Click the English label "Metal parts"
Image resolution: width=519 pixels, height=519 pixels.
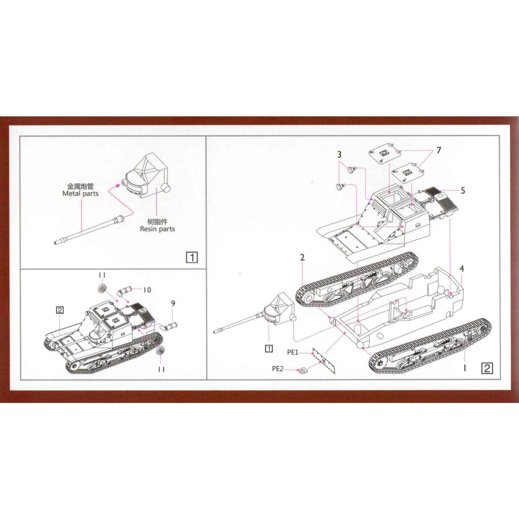(x=80, y=194)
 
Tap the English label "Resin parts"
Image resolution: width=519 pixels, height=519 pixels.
(x=157, y=229)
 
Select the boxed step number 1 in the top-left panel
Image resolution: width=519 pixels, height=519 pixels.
(x=192, y=258)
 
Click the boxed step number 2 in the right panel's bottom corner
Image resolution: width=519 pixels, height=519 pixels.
(x=487, y=368)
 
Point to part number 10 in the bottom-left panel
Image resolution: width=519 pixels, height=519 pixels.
(x=147, y=290)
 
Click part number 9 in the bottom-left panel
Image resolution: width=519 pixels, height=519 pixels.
(x=173, y=304)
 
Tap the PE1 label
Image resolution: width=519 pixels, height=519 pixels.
(x=293, y=352)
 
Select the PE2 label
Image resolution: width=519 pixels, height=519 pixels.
(x=278, y=369)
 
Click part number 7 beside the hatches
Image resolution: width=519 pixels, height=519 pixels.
(x=438, y=150)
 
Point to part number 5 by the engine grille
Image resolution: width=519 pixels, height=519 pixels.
(x=463, y=191)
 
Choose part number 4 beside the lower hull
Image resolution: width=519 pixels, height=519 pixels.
(x=462, y=269)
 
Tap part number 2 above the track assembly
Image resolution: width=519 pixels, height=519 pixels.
(x=302, y=258)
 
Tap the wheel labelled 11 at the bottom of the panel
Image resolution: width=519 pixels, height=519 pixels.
(x=161, y=351)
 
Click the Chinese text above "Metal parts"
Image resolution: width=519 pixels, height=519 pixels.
(x=80, y=186)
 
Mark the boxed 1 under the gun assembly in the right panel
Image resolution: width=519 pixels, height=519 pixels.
(x=269, y=349)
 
